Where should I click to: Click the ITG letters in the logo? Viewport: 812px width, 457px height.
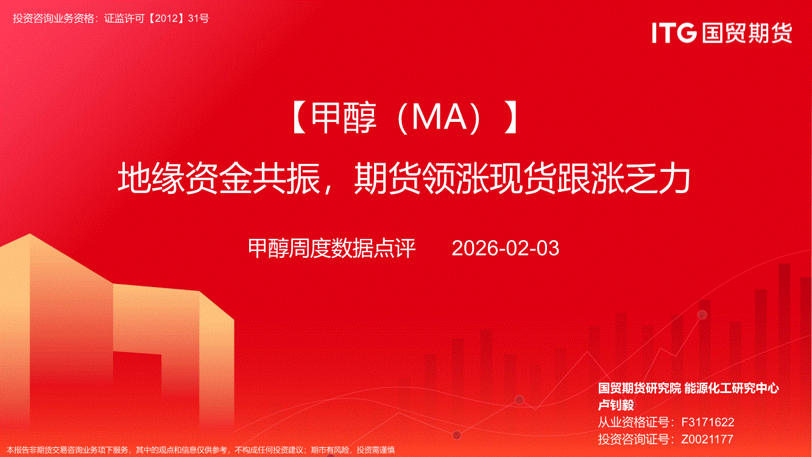(x=674, y=33)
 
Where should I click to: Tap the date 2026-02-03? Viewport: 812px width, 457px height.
(x=506, y=249)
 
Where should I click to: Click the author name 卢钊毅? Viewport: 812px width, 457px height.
(x=615, y=405)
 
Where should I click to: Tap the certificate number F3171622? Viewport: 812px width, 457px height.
(x=708, y=422)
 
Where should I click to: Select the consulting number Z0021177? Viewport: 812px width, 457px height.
(x=707, y=439)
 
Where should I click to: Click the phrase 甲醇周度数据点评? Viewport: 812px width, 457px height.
(x=332, y=249)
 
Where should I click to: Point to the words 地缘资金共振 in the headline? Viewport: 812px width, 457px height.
(x=219, y=179)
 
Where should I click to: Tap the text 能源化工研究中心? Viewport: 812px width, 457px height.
(x=731, y=389)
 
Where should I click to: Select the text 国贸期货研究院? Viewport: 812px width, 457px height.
(x=640, y=389)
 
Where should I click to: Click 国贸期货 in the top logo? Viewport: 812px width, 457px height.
(x=747, y=33)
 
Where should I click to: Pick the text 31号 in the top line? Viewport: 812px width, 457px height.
(x=199, y=18)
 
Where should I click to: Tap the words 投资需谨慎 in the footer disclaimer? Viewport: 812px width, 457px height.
(x=376, y=450)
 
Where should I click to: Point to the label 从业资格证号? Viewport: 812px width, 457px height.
(x=634, y=422)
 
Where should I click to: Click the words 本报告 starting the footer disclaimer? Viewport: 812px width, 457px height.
(x=18, y=450)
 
